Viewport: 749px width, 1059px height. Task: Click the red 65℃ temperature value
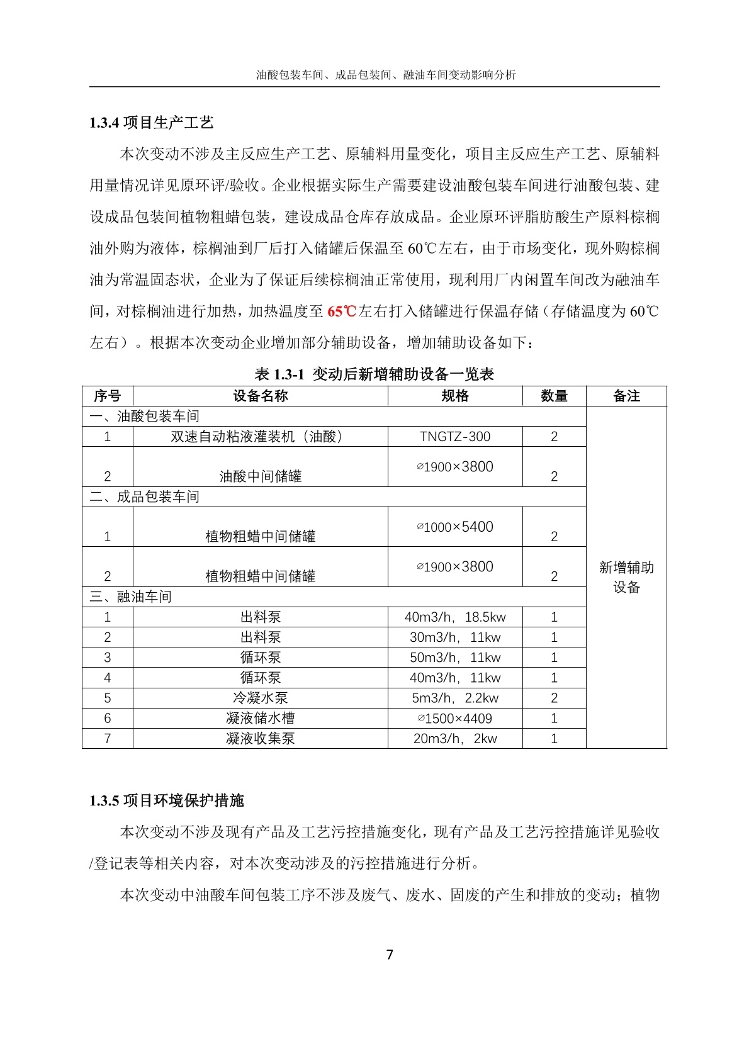(342, 311)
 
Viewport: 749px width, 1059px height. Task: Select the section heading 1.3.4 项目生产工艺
(151, 123)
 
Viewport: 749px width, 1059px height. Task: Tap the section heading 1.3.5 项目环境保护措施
(166, 800)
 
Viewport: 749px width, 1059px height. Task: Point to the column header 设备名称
(260, 396)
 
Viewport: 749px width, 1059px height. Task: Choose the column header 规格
(454, 396)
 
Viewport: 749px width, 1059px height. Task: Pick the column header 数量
(554, 396)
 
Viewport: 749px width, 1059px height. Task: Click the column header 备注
(626, 396)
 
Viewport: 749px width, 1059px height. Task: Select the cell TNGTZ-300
(454, 437)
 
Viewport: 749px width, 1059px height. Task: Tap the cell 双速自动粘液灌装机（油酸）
(260, 437)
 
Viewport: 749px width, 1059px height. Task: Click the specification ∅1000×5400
(454, 527)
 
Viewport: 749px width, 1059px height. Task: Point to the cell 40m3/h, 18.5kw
(454, 617)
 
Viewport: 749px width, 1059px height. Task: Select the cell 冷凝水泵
(260, 698)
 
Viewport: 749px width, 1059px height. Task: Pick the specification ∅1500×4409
(454, 719)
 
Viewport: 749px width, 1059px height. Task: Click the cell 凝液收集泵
(260, 739)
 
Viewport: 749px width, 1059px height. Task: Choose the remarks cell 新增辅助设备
(626, 577)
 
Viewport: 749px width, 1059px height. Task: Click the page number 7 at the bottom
(390, 955)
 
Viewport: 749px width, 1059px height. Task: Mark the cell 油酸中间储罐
(260, 476)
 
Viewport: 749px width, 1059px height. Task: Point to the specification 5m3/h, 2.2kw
(454, 698)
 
